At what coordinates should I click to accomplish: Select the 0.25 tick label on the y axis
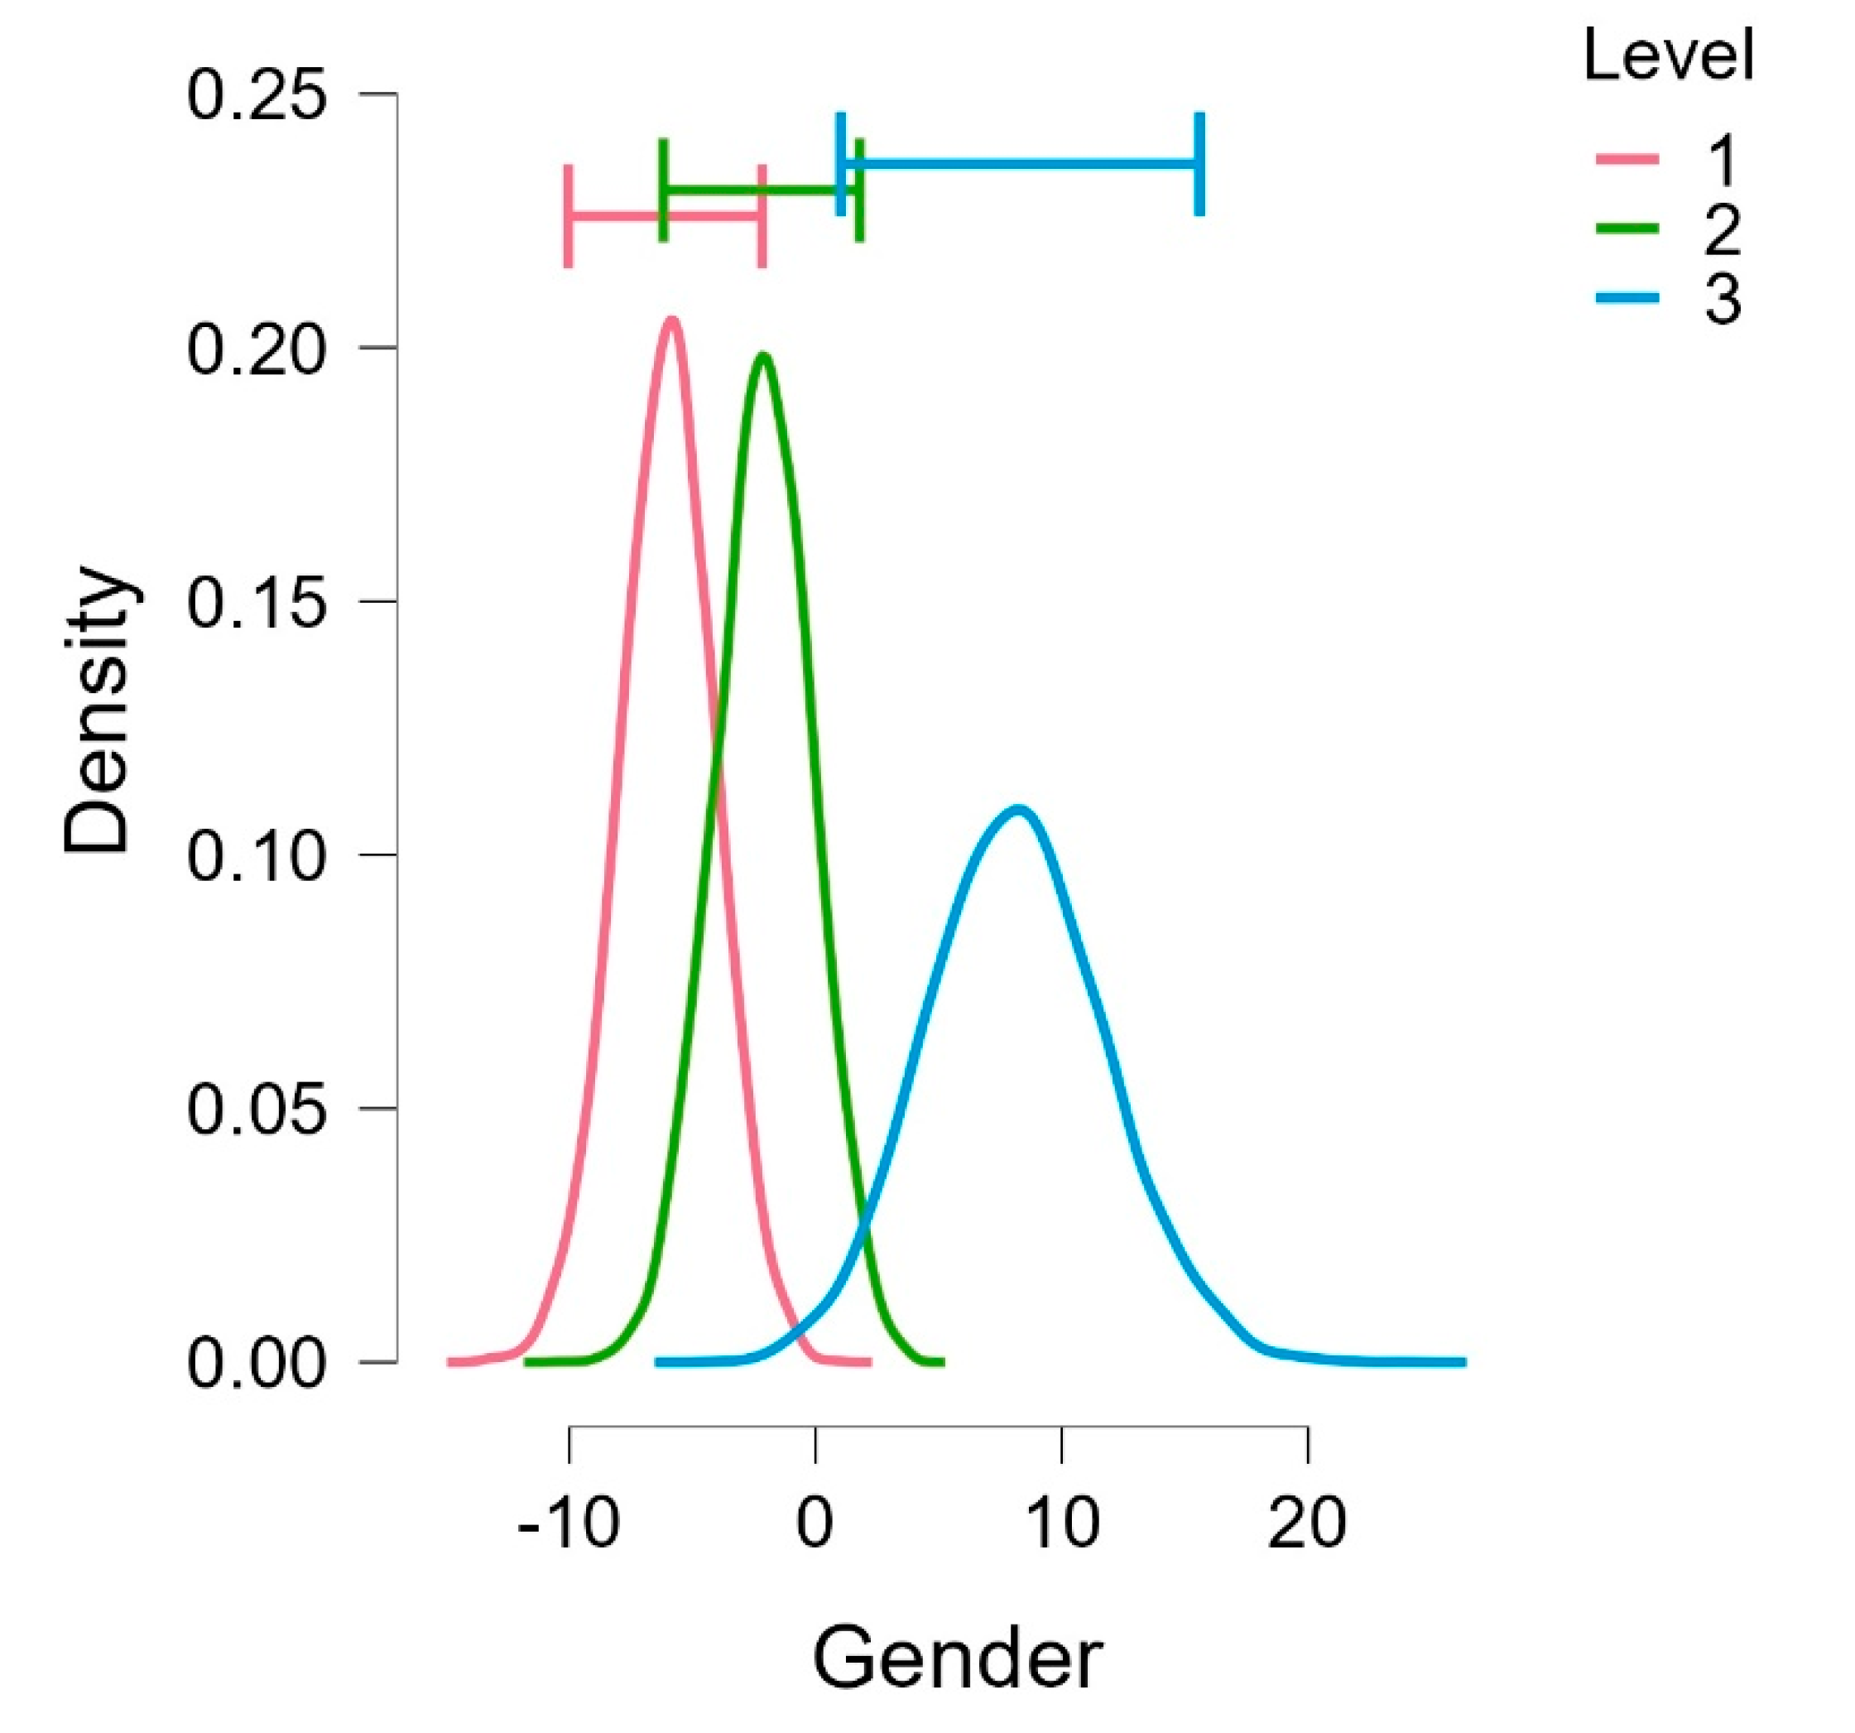(257, 94)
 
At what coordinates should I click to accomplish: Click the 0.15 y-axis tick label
(257, 602)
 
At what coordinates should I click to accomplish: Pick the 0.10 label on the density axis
(257, 856)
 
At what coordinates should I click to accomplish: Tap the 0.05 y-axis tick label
(257, 1109)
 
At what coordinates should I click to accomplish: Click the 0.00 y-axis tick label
(257, 1364)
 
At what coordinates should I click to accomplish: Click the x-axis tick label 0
(815, 1522)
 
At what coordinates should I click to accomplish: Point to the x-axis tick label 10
(1061, 1522)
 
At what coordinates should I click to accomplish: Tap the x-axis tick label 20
(1307, 1522)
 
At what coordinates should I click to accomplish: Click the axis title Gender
(958, 1658)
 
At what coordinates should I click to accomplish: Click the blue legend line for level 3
(1627, 299)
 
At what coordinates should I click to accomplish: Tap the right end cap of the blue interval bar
(1199, 163)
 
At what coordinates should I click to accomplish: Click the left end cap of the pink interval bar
(569, 215)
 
